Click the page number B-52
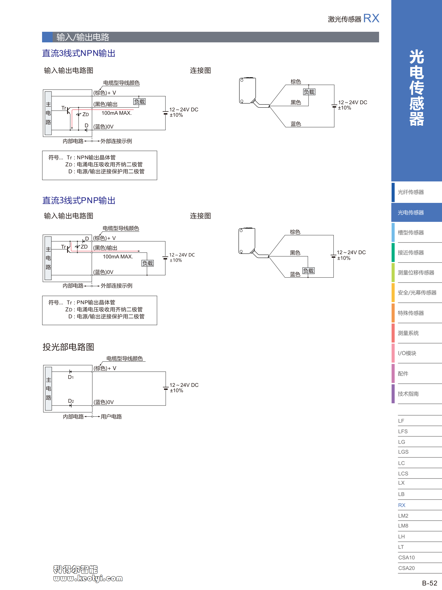pos(429,583)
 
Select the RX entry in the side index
pos(402,505)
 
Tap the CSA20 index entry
pos(406,568)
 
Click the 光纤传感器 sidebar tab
pos(411,192)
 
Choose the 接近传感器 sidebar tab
pos(411,252)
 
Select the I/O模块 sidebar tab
pos(407,353)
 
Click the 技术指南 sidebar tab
pos(408,394)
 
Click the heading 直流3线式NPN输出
pos(79,53)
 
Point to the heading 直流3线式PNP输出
pos(79,200)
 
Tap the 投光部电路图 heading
pos(68,347)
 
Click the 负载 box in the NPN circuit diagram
pos(140,101)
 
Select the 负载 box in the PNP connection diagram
pos(308,271)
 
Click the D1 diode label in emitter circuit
pos(71,377)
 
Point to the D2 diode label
pos(71,401)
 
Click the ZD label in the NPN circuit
pos(86,115)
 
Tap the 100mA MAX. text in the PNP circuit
pos(118,257)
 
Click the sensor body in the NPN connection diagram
pos(248,91)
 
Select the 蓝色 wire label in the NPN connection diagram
pos(296,124)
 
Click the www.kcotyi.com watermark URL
pos(88,578)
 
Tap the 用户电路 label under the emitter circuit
pos(111,417)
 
